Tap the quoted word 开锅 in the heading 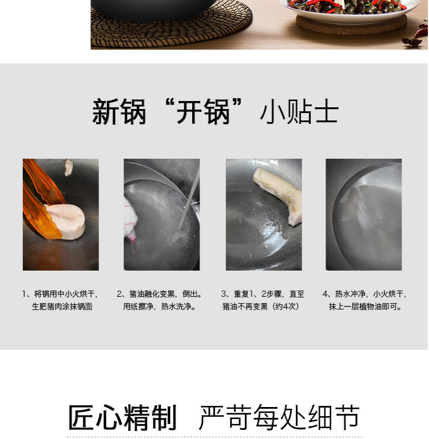(x=204, y=111)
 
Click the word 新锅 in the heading (x=119, y=111)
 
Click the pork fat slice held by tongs (x=66, y=221)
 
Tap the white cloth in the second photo (x=130, y=221)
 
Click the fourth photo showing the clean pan (x=364, y=215)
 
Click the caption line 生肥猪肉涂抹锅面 (x=62, y=307)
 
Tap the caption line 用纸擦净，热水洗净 (x=160, y=307)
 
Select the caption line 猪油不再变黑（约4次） (x=261, y=307)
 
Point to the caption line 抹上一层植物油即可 (x=366, y=307)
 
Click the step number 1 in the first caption (x=25, y=294)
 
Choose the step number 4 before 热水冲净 (x=325, y=294)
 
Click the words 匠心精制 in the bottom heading (x=122, y=417)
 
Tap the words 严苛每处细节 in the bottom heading (x=279, y=417)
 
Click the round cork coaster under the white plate (x=351, y=25)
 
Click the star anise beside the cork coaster (x=412, y=42)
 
